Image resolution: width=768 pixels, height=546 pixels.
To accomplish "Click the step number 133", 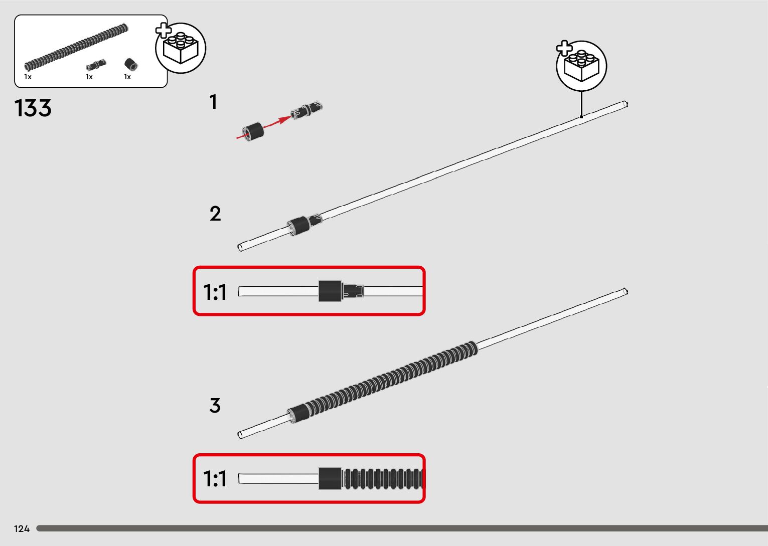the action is (33, 108).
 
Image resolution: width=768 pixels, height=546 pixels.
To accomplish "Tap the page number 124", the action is (22, 528).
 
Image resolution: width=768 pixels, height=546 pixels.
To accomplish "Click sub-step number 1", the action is (214, 102).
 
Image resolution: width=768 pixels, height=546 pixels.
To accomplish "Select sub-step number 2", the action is (215, 214).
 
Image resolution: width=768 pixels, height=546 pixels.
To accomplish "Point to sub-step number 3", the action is (215, 406).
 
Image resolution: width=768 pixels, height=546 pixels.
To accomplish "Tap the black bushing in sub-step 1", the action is (253, 132).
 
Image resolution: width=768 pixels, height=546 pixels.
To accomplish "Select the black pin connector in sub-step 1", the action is (306, 110).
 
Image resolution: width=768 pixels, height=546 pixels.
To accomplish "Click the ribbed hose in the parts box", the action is (76, 47).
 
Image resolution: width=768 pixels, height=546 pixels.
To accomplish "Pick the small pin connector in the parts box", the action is (96, 65).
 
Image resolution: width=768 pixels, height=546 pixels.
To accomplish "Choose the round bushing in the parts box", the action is (130, 64).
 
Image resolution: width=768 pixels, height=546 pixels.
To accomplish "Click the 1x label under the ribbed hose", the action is (28, 77).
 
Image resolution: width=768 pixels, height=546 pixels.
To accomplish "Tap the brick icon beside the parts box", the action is (181, 48).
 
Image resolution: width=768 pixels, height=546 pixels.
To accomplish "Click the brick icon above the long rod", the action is (581, 66).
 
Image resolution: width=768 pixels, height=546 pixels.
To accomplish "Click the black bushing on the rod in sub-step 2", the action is (298, 226).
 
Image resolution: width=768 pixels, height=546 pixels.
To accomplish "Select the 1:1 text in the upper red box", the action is (215, 292).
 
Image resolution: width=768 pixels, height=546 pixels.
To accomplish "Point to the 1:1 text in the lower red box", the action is (215, 478).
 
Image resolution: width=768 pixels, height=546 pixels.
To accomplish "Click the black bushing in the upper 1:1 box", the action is (330, 291).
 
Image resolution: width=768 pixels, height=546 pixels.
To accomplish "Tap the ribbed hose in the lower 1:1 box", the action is (383, 478).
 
